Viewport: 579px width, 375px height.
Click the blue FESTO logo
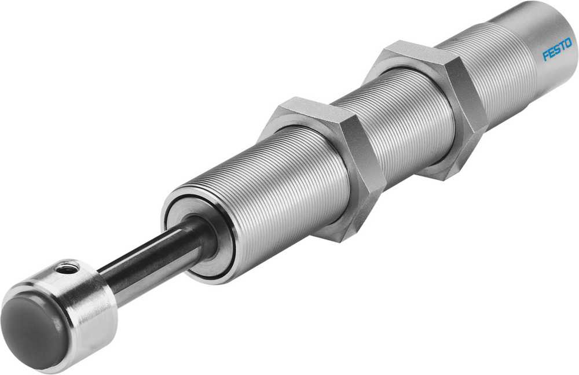pyautogui.click(x=556, y=50)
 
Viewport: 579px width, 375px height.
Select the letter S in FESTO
pyautogui.click(x=556, y=50)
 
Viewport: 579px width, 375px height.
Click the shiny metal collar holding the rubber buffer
pyautogui.click(x=87, y=307)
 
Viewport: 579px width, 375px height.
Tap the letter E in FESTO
pyautogui.click(x=551, y=53)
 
